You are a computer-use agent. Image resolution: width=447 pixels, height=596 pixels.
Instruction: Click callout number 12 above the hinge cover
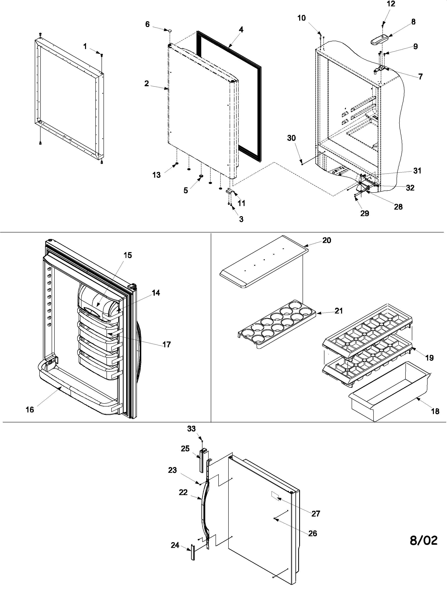pos(391,4)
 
